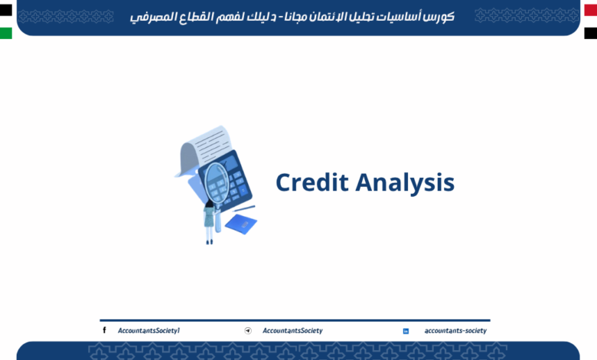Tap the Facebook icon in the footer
pyautogui.click(x=104, y=330)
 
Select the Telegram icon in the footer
pyautogui.click(x=248, y=331)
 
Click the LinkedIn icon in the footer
pyautogui.click(x=406, y=331)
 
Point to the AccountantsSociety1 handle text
pyautogui.click(x=148, y=331)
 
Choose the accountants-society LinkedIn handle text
pyautogui.click(x=455, y=331)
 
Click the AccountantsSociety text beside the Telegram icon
pyautogui.click(x=292, y=331)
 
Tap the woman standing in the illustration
pyautogui.click(x=209, y=222)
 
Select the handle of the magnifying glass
pyautogui.click(x=219, y=218)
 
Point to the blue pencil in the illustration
pyautogui.click(x=244, y=208)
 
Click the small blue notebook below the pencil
pyautogui.click(x=240, y=224)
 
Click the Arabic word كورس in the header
pyautogui.click(x=439, y=16)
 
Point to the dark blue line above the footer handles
pyautogui.click(x=295, y=320)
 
